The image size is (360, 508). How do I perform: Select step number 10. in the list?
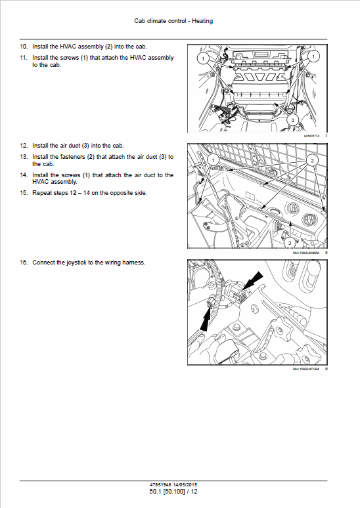24,47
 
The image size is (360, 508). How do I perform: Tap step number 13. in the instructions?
24,157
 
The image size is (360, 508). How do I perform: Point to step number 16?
24,263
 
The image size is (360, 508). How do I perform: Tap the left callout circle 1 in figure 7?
204,59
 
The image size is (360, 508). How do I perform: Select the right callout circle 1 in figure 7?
313,57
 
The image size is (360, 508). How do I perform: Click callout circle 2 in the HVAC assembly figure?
292,119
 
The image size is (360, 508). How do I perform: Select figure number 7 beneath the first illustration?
326,136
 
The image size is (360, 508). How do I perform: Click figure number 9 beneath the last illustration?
326,369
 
